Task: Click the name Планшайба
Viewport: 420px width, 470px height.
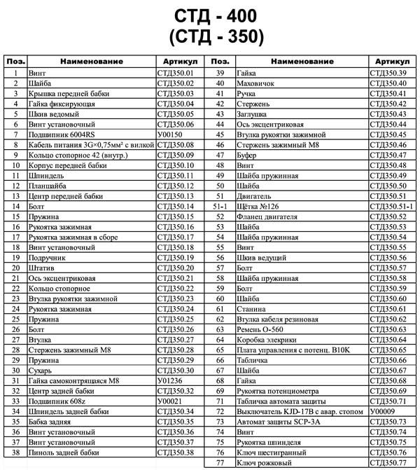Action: coord(45,186)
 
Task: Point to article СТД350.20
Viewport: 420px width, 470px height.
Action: coord(175,268)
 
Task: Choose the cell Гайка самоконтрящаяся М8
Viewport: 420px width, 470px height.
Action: coord(69,380)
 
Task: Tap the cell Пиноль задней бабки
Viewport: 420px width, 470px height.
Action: coord(62,452)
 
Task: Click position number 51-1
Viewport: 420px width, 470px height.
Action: coord(220,207)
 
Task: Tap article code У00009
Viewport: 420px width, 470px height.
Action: coord(383,411)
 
